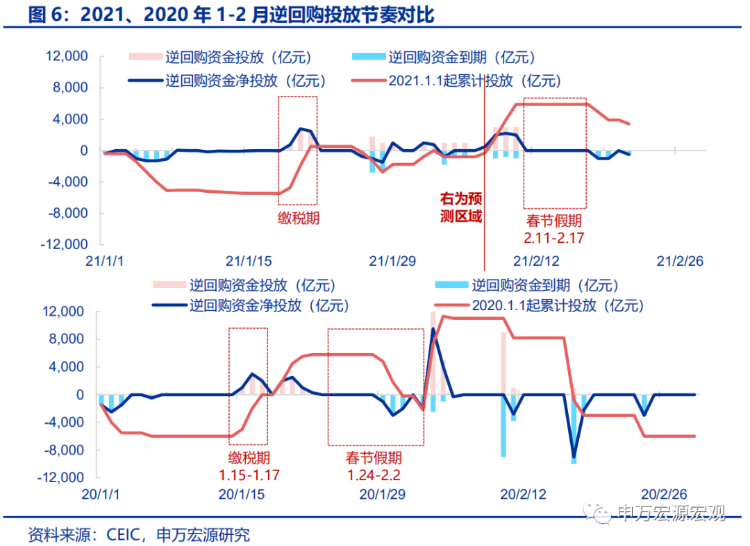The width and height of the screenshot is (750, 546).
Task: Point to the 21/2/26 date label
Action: coord(681,261)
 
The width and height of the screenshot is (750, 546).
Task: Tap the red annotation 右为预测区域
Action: coord(461,207)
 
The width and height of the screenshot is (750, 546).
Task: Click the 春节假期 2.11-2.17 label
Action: coord(553,229)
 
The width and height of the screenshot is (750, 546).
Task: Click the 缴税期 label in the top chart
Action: coord(299,220)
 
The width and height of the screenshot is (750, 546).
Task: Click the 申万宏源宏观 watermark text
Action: coord(670,513)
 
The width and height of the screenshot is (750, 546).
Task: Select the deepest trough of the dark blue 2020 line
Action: coord(574,457)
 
